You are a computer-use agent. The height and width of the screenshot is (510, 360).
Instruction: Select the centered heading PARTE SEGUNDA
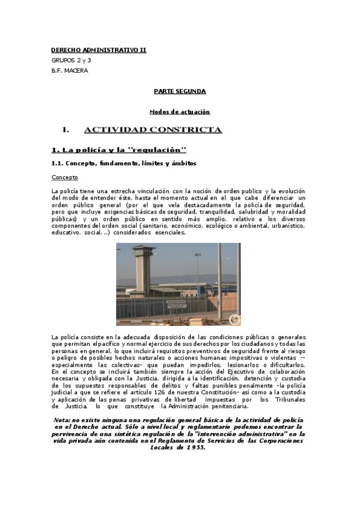point(179,91)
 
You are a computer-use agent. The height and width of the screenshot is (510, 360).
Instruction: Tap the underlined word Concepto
point(65,178)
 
